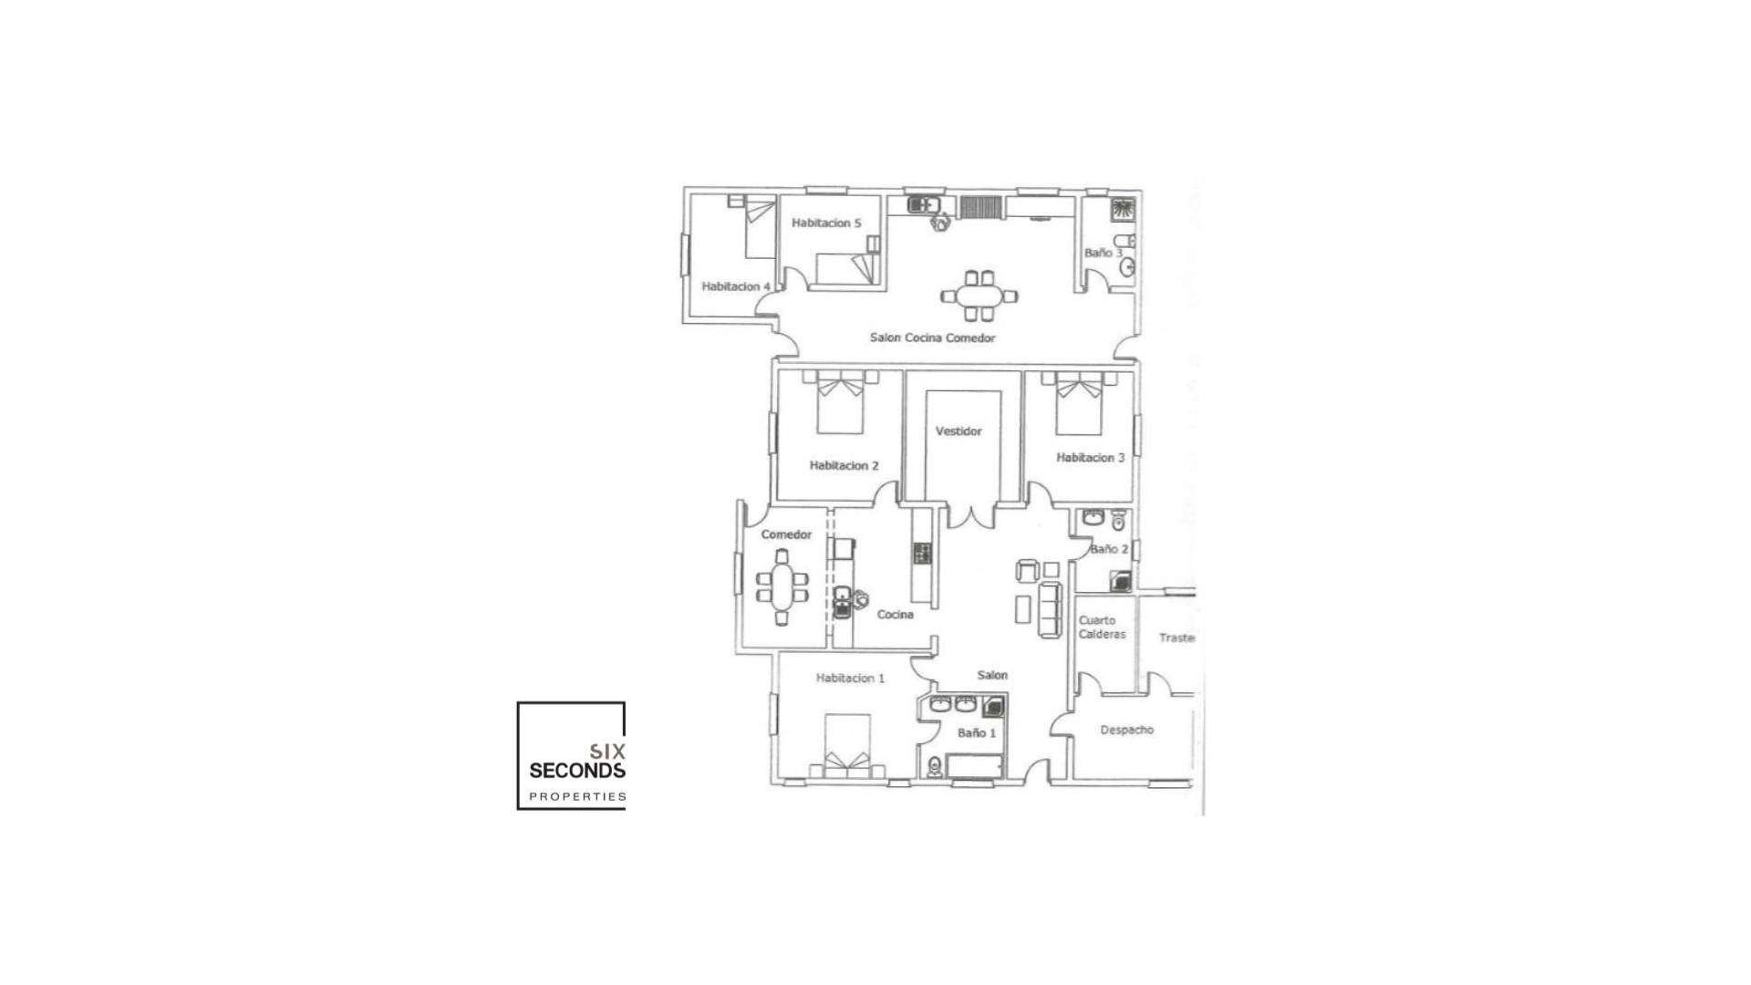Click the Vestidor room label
point(958,431)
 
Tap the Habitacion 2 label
point(844,466)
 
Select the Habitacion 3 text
point(1090,458)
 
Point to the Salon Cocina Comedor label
point(932,338)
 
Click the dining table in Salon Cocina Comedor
point(979,295)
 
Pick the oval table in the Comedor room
point(782,586)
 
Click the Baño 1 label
point(977,733)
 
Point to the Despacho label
point(1126,731)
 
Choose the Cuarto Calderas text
point(1102,627)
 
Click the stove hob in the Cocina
point(922,552)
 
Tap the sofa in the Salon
point(1051,610)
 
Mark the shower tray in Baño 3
point(1123,211)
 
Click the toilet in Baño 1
point(934,767)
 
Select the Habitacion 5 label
point(826,223)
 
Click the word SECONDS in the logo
point(577,771)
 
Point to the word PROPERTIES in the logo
point(577,797)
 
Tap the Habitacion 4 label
point(736,287)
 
